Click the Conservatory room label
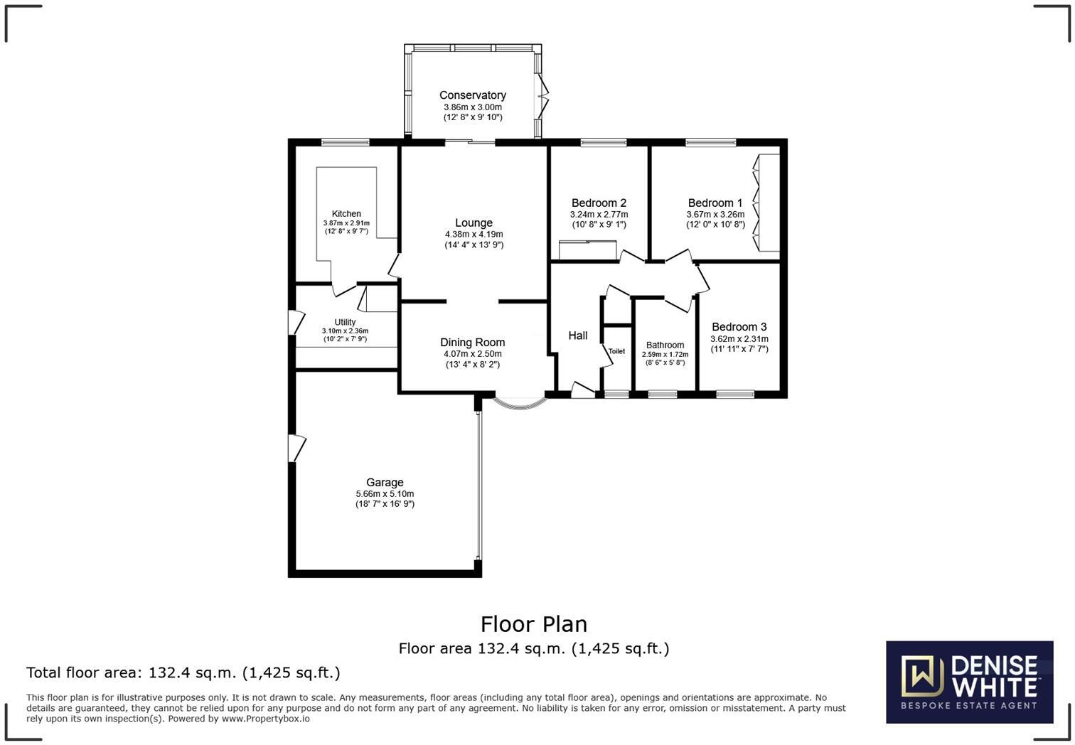pos(472,95)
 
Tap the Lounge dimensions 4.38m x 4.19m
pos(474,235)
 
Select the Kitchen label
pos(346,214)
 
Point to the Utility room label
pos(345,322)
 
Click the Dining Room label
pos(472,343)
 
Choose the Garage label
pos(385,483)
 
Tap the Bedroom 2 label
pos(599,203)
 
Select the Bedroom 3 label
pos(739,327)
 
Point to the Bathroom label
pos(665,345)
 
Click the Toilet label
pos(616,351)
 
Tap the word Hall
pos(577,336)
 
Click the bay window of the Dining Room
pos(520,404)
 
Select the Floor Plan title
pos(533,624)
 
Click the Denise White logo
pos(969,682)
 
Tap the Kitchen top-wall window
pos(345,143)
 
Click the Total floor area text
pos(183,672)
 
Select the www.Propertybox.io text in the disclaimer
pos(265,719)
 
